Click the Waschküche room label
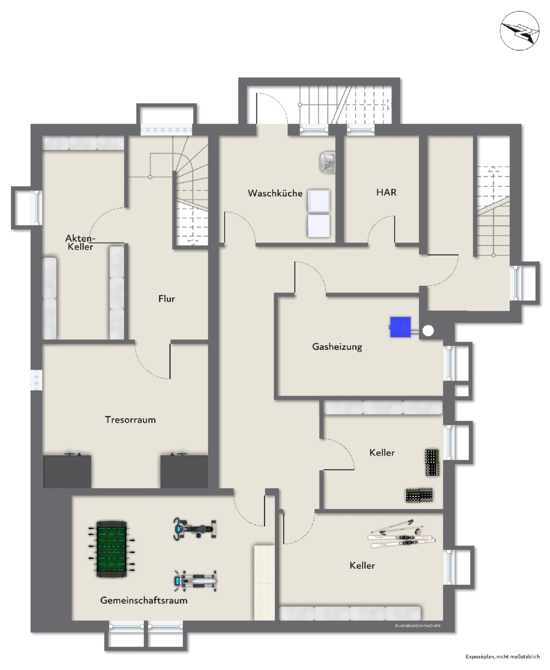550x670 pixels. (275, 193)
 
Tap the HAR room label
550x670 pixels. (386, 192)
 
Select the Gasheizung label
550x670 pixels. (337, 347)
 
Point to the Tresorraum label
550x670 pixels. (130, 420)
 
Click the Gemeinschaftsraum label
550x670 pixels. (144, 600)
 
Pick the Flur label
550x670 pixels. (167, 299)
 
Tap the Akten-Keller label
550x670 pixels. (80, 242)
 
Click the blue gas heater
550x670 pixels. (400, 326)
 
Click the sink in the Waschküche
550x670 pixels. (328, 162)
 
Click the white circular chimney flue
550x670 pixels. (428, 331)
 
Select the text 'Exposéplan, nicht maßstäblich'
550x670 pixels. (503, 656)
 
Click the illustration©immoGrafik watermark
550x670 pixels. (417, 626)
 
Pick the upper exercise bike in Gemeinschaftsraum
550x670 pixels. (194, 528)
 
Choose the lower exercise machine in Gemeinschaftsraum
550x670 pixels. (195, 581)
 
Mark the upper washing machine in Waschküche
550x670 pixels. (318, 200)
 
